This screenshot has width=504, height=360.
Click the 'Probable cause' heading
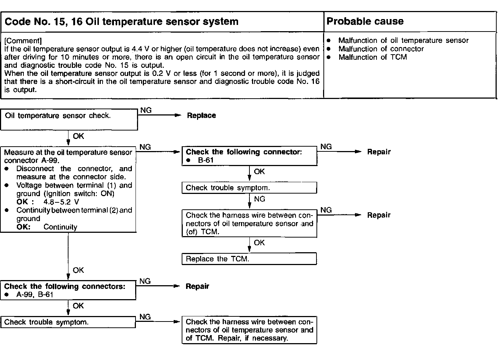pos(365,21)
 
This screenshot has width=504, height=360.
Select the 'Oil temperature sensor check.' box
pos(69,120)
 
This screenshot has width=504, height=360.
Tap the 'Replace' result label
pos(201,115)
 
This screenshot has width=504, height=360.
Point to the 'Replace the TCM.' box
pos(249,259)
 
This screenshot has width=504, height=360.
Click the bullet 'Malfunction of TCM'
pos(373,57)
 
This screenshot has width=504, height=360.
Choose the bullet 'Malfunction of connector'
pos(381,49)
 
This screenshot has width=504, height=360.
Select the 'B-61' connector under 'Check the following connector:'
pos(206,160)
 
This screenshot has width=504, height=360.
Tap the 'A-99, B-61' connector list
pos(35,295)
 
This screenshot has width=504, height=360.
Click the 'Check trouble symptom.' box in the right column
pos(249,188)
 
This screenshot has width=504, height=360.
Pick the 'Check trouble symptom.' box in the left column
pos(68,322)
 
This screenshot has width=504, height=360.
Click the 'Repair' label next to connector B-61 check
pos(379,152)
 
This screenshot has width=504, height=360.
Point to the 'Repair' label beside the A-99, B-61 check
pos(197,286)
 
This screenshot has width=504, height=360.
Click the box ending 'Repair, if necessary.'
pos(249,330)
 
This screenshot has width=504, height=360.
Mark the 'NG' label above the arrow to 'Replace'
pos(146,110)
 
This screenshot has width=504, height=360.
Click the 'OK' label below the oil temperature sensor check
pos(78,136)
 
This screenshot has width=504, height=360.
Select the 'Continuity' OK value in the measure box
pos(60,227)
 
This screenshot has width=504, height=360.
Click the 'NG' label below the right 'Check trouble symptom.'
pos(259,199)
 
